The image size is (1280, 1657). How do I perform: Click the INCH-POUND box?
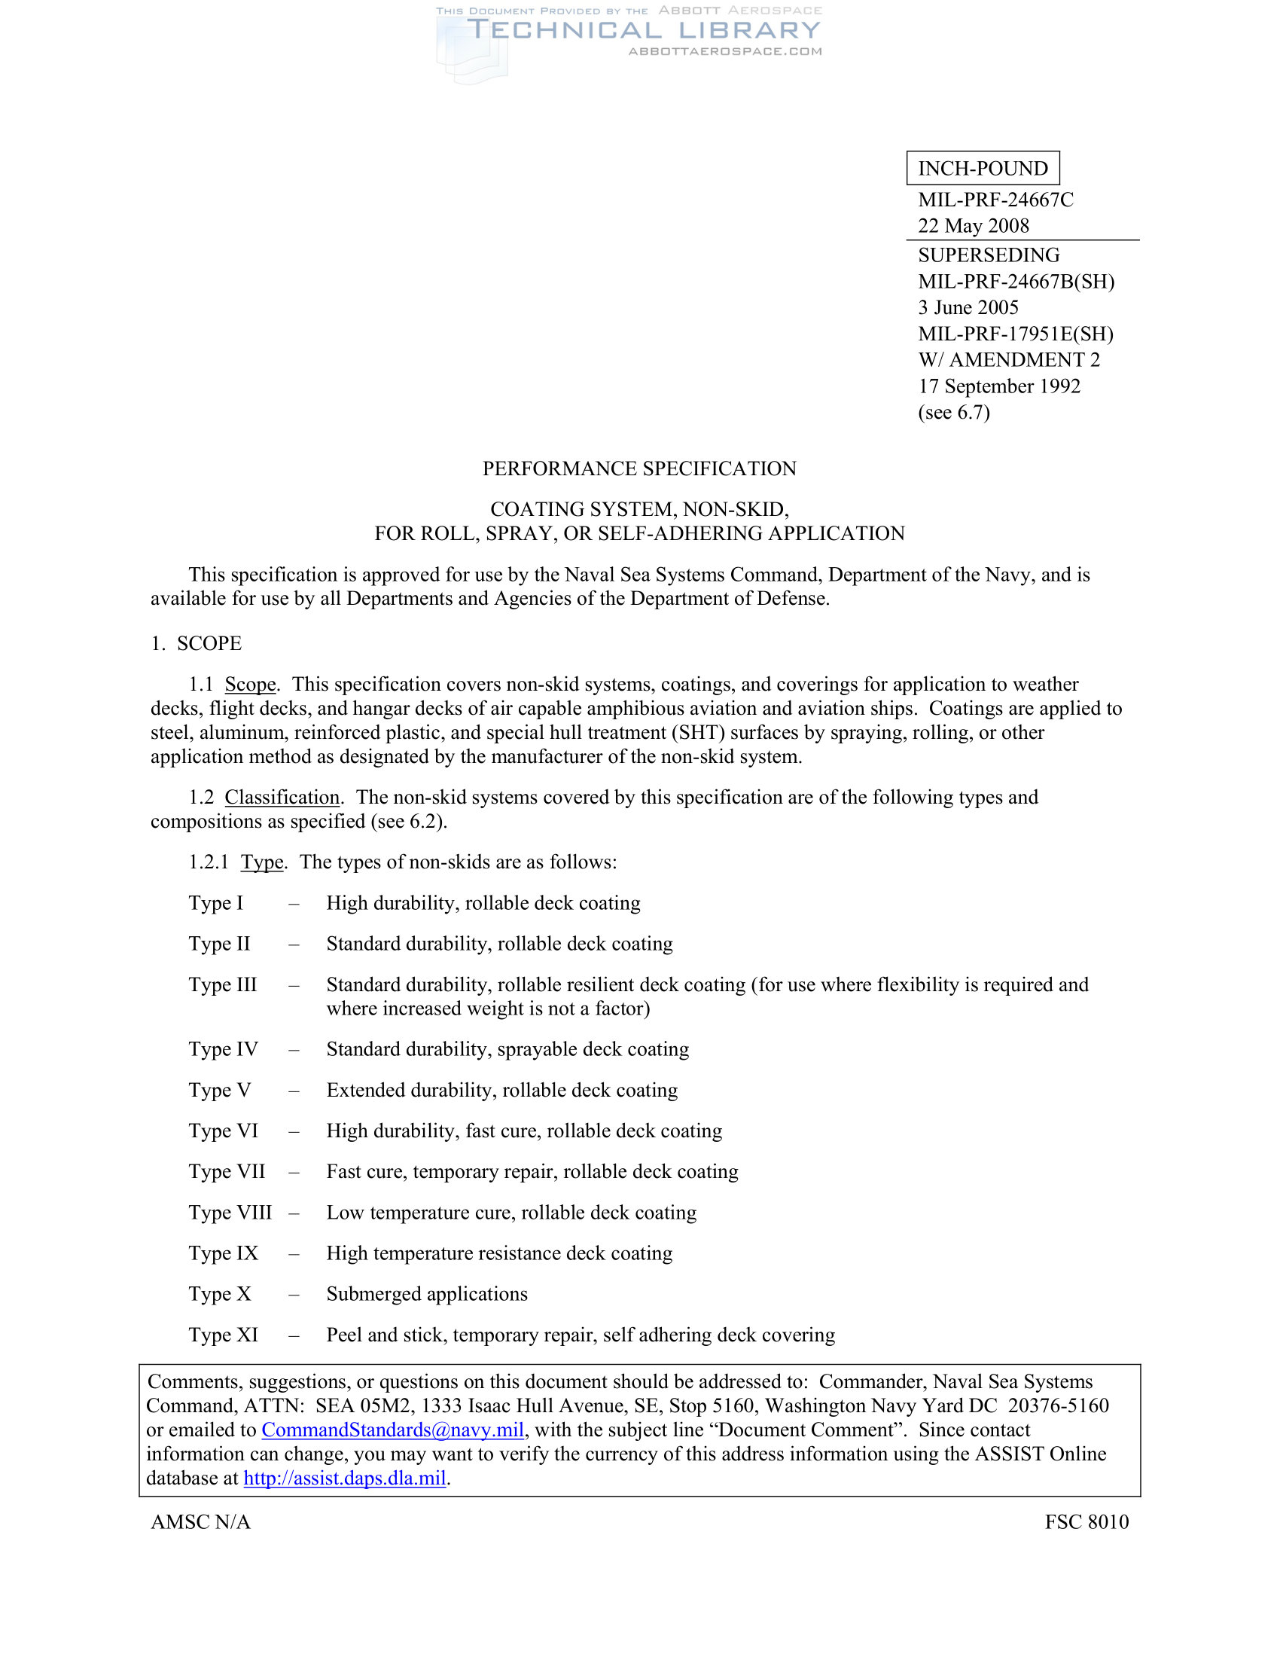983,169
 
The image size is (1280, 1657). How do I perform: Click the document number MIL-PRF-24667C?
995,200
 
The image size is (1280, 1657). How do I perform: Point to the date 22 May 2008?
974,226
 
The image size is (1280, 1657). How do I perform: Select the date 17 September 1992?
999,386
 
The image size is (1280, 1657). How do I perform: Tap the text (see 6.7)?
954,412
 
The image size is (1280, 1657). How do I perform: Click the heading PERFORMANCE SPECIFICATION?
639,469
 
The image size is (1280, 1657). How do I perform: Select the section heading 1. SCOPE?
197,643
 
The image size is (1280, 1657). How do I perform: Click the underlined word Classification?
282,798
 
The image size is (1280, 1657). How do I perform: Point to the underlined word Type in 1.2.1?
262,862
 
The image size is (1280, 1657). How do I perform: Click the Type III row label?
223,985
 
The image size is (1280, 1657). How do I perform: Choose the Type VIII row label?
230,1213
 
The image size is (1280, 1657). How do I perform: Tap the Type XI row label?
224,1335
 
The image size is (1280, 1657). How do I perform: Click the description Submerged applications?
427,1293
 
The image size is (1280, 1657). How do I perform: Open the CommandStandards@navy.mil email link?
393,1430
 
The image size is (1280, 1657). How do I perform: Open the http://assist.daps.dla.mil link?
344,1478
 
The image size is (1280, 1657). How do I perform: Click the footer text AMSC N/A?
201,1522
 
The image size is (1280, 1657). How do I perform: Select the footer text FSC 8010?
1086,1522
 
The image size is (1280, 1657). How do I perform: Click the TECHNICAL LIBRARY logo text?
644,30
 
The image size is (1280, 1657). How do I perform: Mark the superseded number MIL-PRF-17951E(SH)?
1016,334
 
